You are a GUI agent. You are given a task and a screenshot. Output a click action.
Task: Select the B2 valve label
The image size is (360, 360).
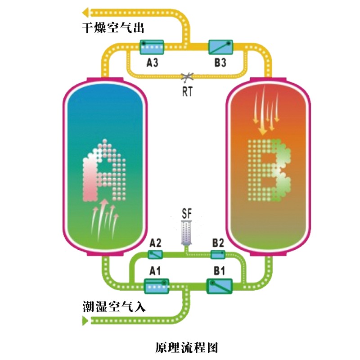click(x=218, y=243)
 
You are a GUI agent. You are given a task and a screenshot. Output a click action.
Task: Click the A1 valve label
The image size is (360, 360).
click(x=155, y=271)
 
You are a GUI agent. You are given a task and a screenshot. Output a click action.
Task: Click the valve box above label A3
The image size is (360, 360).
click(x=151, y=46)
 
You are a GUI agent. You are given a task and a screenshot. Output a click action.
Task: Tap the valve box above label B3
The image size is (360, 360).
click(x=220, y=46)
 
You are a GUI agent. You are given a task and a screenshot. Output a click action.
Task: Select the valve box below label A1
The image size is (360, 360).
click(x=156, y=285)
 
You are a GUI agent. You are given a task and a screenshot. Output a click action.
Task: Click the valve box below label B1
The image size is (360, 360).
click(x=219, y=285)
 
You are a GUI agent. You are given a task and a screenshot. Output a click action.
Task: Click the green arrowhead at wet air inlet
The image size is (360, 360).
click(x=85, y=320)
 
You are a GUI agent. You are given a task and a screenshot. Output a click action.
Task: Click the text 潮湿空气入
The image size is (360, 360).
click(x=114, y=307)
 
